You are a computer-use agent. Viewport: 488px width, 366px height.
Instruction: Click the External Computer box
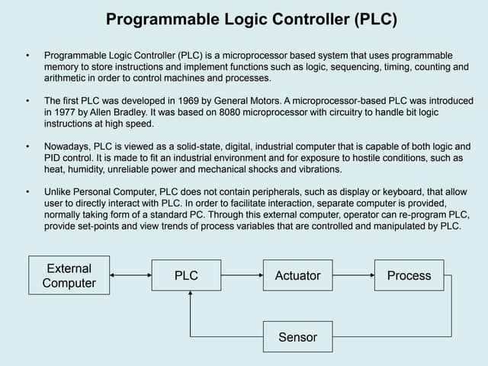(x=69, y=276)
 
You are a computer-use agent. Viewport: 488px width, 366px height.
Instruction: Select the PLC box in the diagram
(x=186, y=276)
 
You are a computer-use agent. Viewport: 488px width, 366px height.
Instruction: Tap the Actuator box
(x=297, y=276)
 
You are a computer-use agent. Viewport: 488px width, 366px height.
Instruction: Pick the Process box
(x=409, y=276)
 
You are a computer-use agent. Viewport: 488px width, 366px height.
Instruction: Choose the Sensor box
(x=297, y=336)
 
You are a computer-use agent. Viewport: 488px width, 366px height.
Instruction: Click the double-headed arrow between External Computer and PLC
(x=130, y=276)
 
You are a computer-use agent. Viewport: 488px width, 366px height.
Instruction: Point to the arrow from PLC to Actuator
(x=242, y=276)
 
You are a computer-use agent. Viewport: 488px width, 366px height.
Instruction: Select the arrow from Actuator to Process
(x=353, y=276)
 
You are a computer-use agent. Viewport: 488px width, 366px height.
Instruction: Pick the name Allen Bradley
(x=123, y=112)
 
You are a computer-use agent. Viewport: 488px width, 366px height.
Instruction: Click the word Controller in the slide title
(x=300, y=19)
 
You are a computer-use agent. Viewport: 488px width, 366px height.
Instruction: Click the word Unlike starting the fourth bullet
(x=59, y=191)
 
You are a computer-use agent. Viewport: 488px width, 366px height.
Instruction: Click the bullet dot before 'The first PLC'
(x=28, y=100)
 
